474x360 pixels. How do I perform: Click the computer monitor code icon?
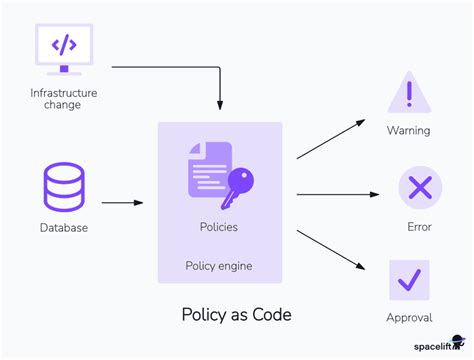coord(63,49)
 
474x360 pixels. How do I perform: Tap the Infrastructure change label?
coord(63,99)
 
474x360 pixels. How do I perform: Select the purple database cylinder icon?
coord(64,187)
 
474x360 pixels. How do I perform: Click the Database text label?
coord(64,228)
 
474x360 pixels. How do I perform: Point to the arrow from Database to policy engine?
coord(122,203)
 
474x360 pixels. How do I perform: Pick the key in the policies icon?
coord(239,185)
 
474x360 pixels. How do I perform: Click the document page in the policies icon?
coord(208,169)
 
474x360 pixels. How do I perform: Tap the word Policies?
coord(219,227)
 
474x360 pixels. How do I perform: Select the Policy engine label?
coord(219,265)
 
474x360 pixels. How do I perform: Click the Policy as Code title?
coord(236,315)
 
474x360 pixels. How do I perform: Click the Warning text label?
coord(408,131)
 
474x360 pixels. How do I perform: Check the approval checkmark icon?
coord(409,280)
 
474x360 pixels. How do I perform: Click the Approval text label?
coord(409,318)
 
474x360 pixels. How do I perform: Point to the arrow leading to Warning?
coord(331,139)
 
